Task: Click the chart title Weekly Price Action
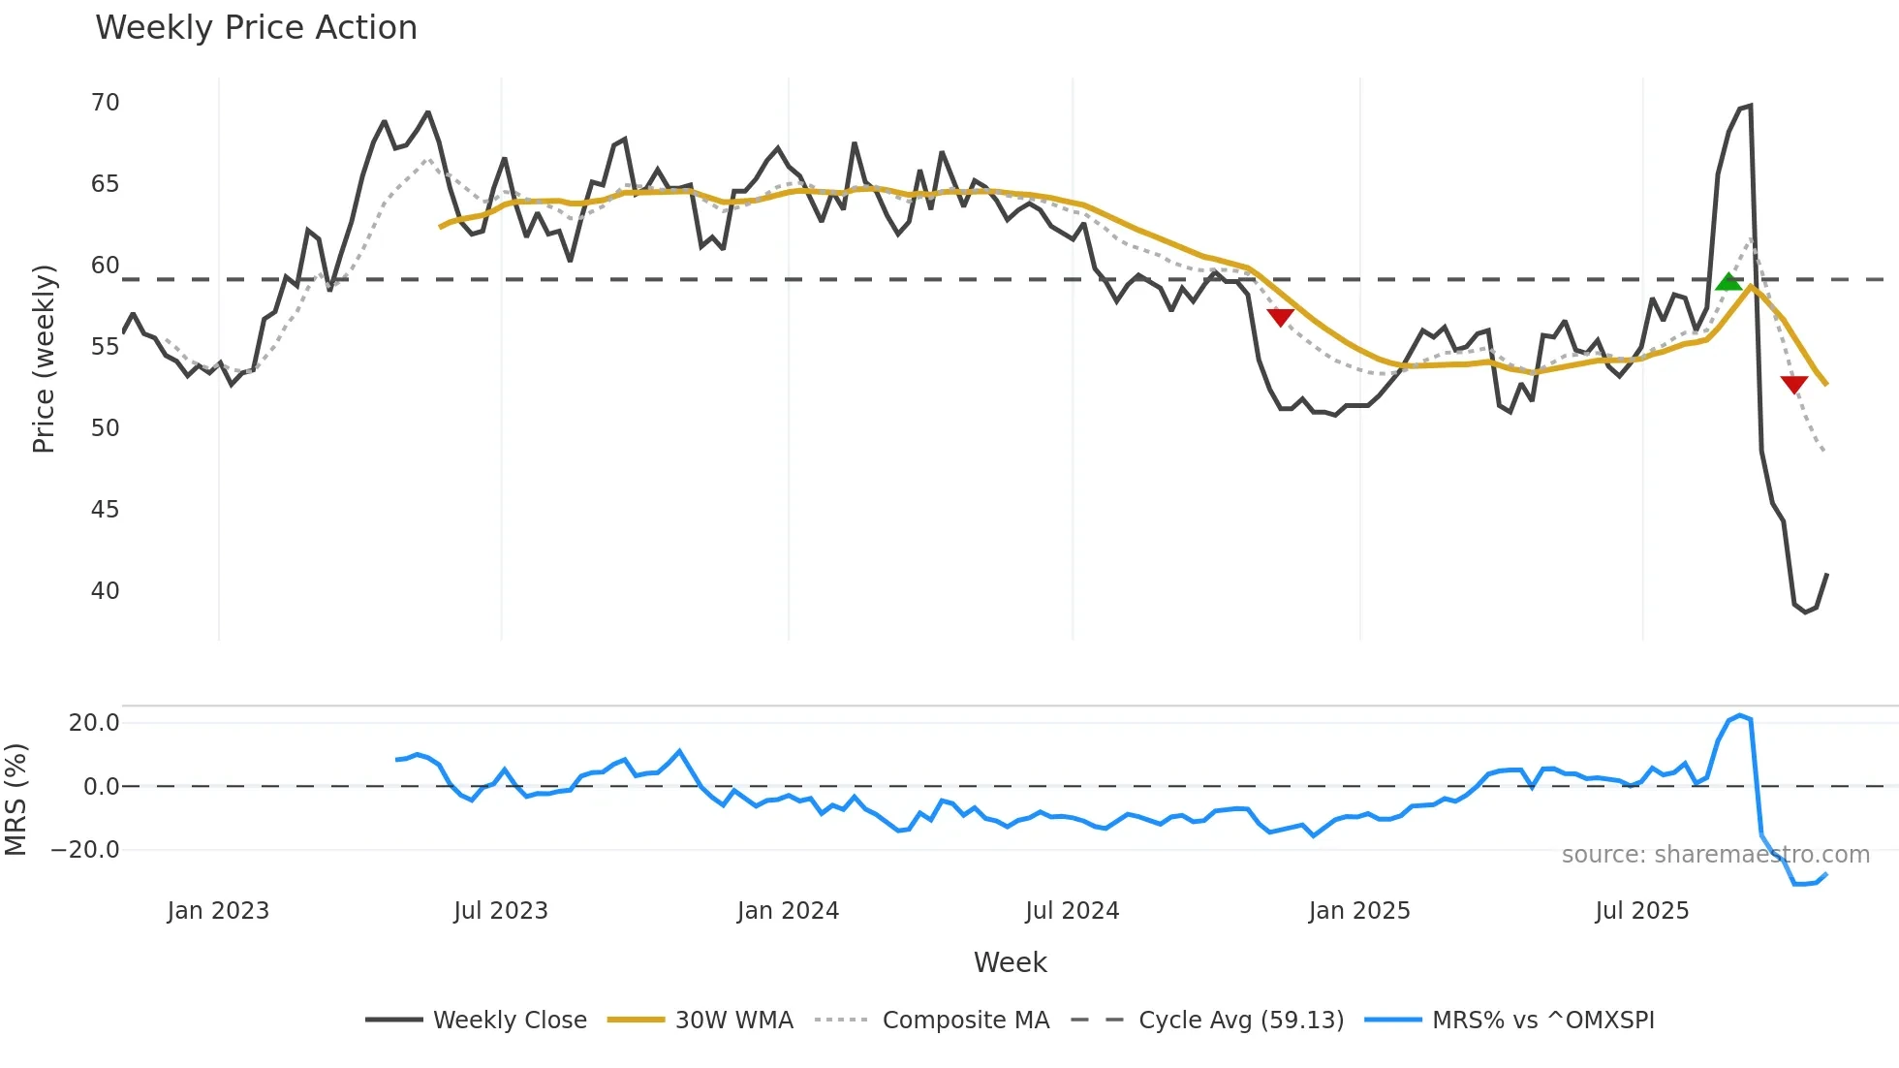256,28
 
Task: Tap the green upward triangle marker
1728,282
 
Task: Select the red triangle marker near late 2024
1280,317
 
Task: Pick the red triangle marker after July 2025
1793,385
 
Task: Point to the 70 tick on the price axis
105,103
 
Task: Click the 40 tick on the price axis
105,591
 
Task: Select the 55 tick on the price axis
105,347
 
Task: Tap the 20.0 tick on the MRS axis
94,723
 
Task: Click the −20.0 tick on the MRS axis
85,850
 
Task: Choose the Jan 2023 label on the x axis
218,911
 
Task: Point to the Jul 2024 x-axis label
1072,911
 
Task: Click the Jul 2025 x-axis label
1641,911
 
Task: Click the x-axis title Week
1010,962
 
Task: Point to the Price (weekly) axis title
44,359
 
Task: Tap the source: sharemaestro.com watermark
1715,855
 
